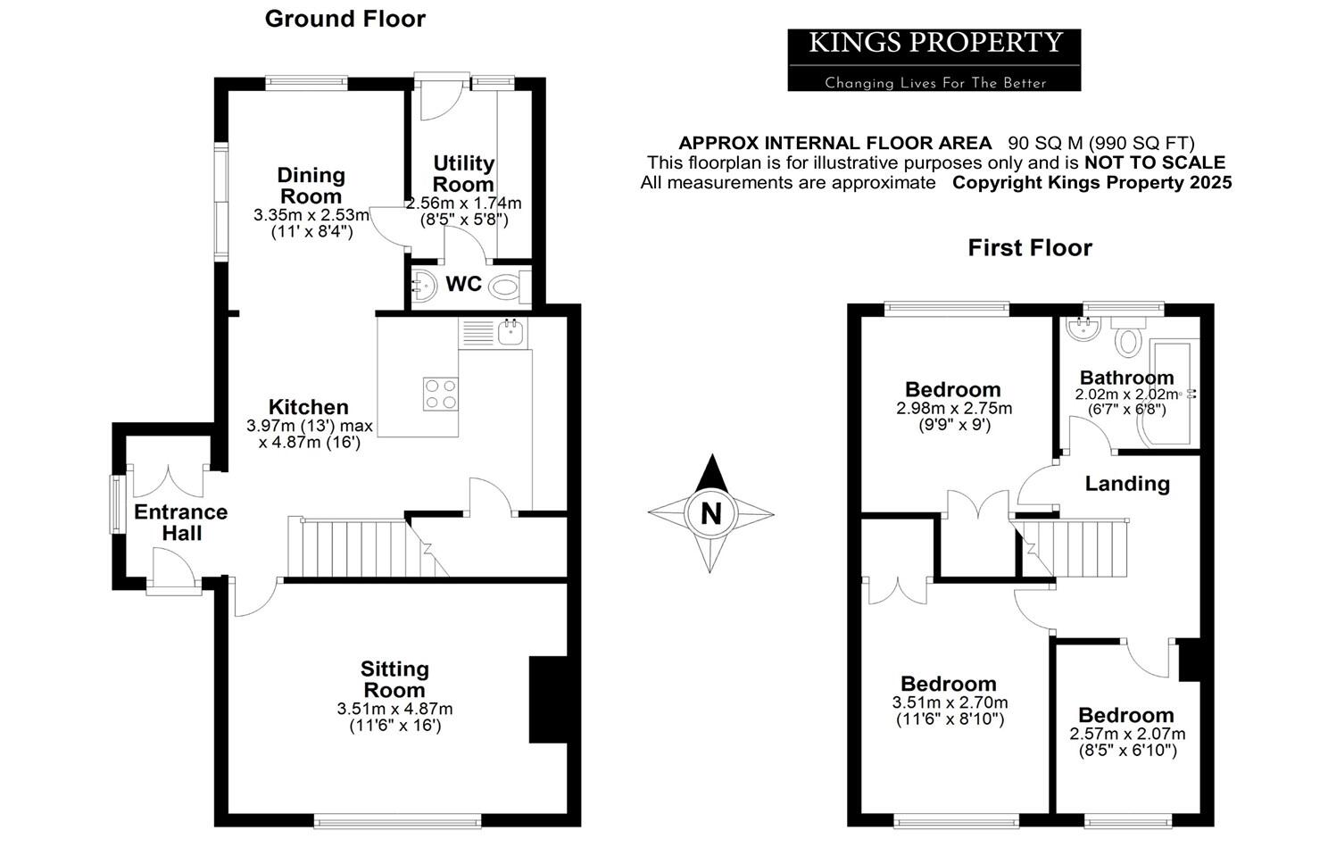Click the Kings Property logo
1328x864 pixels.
[x=934, y=60]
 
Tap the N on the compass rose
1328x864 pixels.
[x=710, y=514]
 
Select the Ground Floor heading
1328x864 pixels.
[x=344, y=19]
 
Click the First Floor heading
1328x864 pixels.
[x=1030, y=247]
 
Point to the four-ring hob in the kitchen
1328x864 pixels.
[x=440, y=394]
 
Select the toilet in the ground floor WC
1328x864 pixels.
[x=505, y=286]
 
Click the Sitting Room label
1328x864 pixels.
[x=394, y=679]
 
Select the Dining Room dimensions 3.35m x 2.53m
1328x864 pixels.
[x=311, y=215]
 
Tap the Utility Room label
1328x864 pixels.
[x=463, y=173]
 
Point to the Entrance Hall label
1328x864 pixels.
[x=180, y=522]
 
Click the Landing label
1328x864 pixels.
[x=1126, y=483]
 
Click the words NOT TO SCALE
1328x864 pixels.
[x=1154, y=162]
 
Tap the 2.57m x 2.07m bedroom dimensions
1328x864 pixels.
[x=1127, y=734]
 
